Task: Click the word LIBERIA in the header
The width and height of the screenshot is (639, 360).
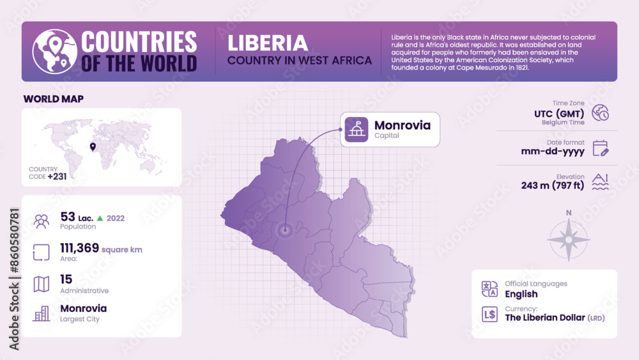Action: (268, 43)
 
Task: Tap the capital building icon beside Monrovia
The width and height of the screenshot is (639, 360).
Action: (356, 130)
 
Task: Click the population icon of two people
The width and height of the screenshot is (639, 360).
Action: (42, 221)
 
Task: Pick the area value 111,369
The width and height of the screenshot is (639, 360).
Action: (79, 248)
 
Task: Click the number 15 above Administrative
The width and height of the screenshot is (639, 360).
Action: (66, 279)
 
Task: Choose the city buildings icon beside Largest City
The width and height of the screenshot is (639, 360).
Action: (42, 313)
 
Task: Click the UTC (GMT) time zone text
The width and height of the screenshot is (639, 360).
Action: (560, 114)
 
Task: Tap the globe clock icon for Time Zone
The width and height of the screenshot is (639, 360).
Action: (601, 113)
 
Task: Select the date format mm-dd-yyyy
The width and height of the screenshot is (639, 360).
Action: (553, 152)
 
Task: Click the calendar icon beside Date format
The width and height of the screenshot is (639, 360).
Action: (601, 148)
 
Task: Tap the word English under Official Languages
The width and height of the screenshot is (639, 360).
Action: (521, 294)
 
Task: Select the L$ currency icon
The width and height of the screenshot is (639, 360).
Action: (490, 314)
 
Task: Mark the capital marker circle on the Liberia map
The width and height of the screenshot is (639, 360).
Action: (284, 230)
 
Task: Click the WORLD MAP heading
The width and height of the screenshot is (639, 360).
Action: (54, 99)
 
